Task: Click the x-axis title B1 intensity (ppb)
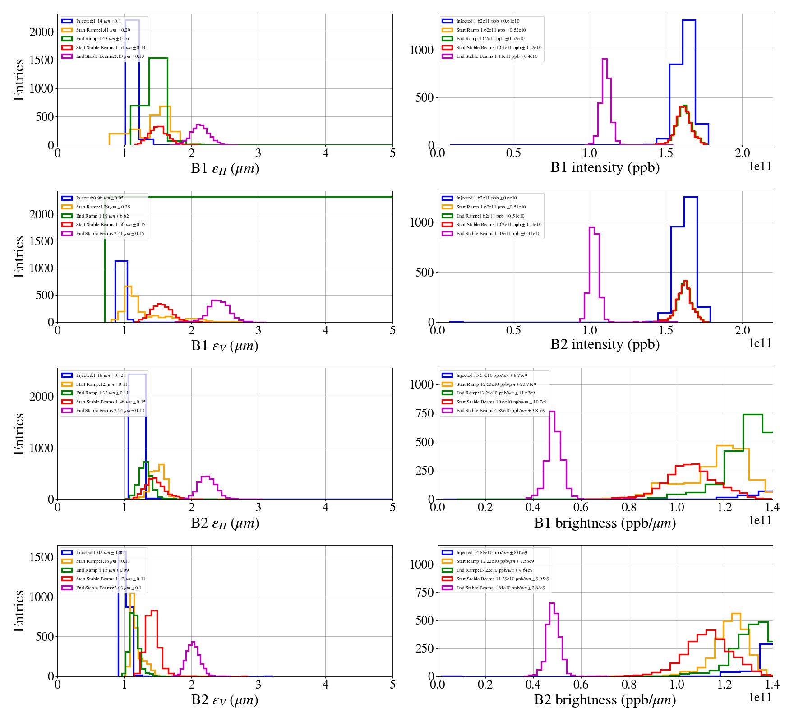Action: [605, 168]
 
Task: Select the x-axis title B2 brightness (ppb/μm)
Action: [605, 700]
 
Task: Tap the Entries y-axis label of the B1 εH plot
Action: [18, 79]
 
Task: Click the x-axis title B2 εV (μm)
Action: [225, 700]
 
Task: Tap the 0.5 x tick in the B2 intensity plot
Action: [513, 330]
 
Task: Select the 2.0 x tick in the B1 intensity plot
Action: [743, 153]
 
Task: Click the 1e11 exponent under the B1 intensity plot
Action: [760, 167]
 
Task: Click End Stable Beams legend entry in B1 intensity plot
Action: [497, 56]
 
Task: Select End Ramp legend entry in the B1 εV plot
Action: [102, 216]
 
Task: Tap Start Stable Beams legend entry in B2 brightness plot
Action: [502, 579]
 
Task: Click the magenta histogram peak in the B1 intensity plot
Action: [605, 59]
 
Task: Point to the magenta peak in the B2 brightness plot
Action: [551, 603]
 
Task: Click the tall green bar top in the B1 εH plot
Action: [158, 58]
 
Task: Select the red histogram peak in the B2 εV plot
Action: [154, 611]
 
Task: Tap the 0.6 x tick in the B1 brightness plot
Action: [581, 508]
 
